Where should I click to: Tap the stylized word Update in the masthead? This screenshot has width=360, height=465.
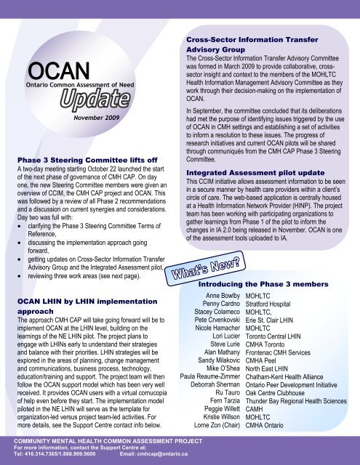87,98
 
